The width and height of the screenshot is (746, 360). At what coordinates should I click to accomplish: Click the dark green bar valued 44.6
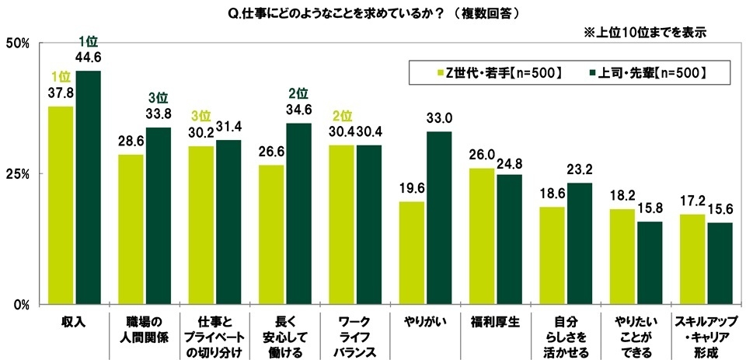pyautogui.click(x=88, y=187)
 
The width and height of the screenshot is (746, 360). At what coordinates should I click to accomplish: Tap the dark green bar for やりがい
pyautogui.click(x=438, y=217)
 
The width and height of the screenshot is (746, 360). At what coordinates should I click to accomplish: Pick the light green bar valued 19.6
pyautogui.click(x=411, y=252)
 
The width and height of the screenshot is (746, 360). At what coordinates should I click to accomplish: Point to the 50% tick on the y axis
pyautogui.click(x=17, y=43)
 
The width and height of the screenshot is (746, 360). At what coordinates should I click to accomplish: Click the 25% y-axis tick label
pyautogui.click(x=17, y=173)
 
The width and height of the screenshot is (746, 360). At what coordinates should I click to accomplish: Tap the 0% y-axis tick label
pyautogui.click(x=20, y=303)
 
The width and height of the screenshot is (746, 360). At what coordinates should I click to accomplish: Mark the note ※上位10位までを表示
pyautogui.click(x=644, y=33)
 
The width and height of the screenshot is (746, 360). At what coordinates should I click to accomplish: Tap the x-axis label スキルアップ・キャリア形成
pyautogui.click(x=706, y=335)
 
